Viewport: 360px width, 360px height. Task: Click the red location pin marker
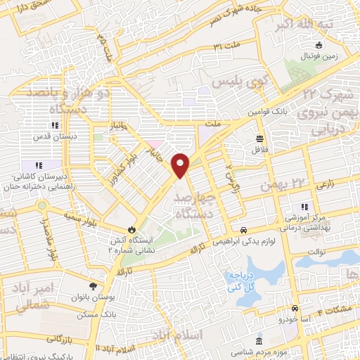coord(181,165)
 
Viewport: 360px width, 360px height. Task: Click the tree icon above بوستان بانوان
coord(92,285)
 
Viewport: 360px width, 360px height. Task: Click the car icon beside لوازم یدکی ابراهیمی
coord(243,231)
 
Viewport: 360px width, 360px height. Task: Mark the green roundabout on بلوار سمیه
coord(44,205)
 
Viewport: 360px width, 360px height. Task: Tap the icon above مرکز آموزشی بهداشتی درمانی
coord(304,207)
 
